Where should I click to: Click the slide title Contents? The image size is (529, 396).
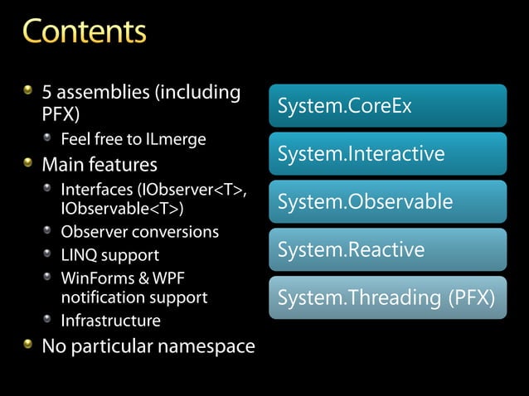(x=84, y=31)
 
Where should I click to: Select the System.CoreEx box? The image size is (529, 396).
(x=387, y=106)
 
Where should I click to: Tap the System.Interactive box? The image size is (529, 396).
(x=387, y=154)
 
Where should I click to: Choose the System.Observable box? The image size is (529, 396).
(x=387, y=202)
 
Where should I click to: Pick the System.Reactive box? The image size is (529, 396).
(x=387, y=250)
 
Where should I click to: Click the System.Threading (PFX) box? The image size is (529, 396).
(x=387, y=297)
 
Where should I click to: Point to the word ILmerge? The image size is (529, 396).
(x=174, y=138)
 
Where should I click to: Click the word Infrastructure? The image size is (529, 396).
(x=110, y=320)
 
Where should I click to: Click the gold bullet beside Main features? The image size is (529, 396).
(x=29, y=160)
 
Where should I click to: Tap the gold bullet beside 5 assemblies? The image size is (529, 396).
(x=29, y=92)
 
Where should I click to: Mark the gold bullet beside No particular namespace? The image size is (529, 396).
(x=29, y=343)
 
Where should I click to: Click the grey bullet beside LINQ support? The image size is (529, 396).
(x=49, y=252)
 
